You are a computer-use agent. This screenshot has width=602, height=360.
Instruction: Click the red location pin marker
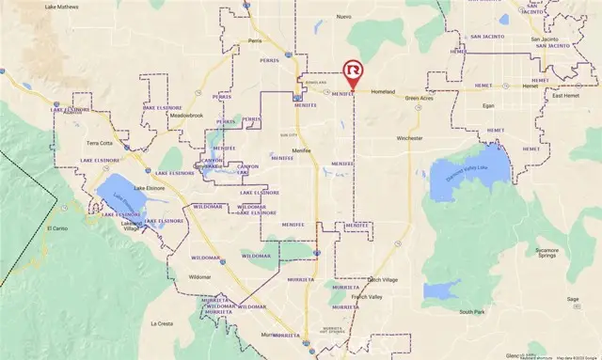click(x=353, y=72)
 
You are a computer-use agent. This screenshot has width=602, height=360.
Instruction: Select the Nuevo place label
click(x=343, y=17)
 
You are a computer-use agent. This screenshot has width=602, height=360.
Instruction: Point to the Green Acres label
click(x=420, y=98)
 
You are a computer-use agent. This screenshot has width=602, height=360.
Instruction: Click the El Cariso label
click(x=58, y=227)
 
